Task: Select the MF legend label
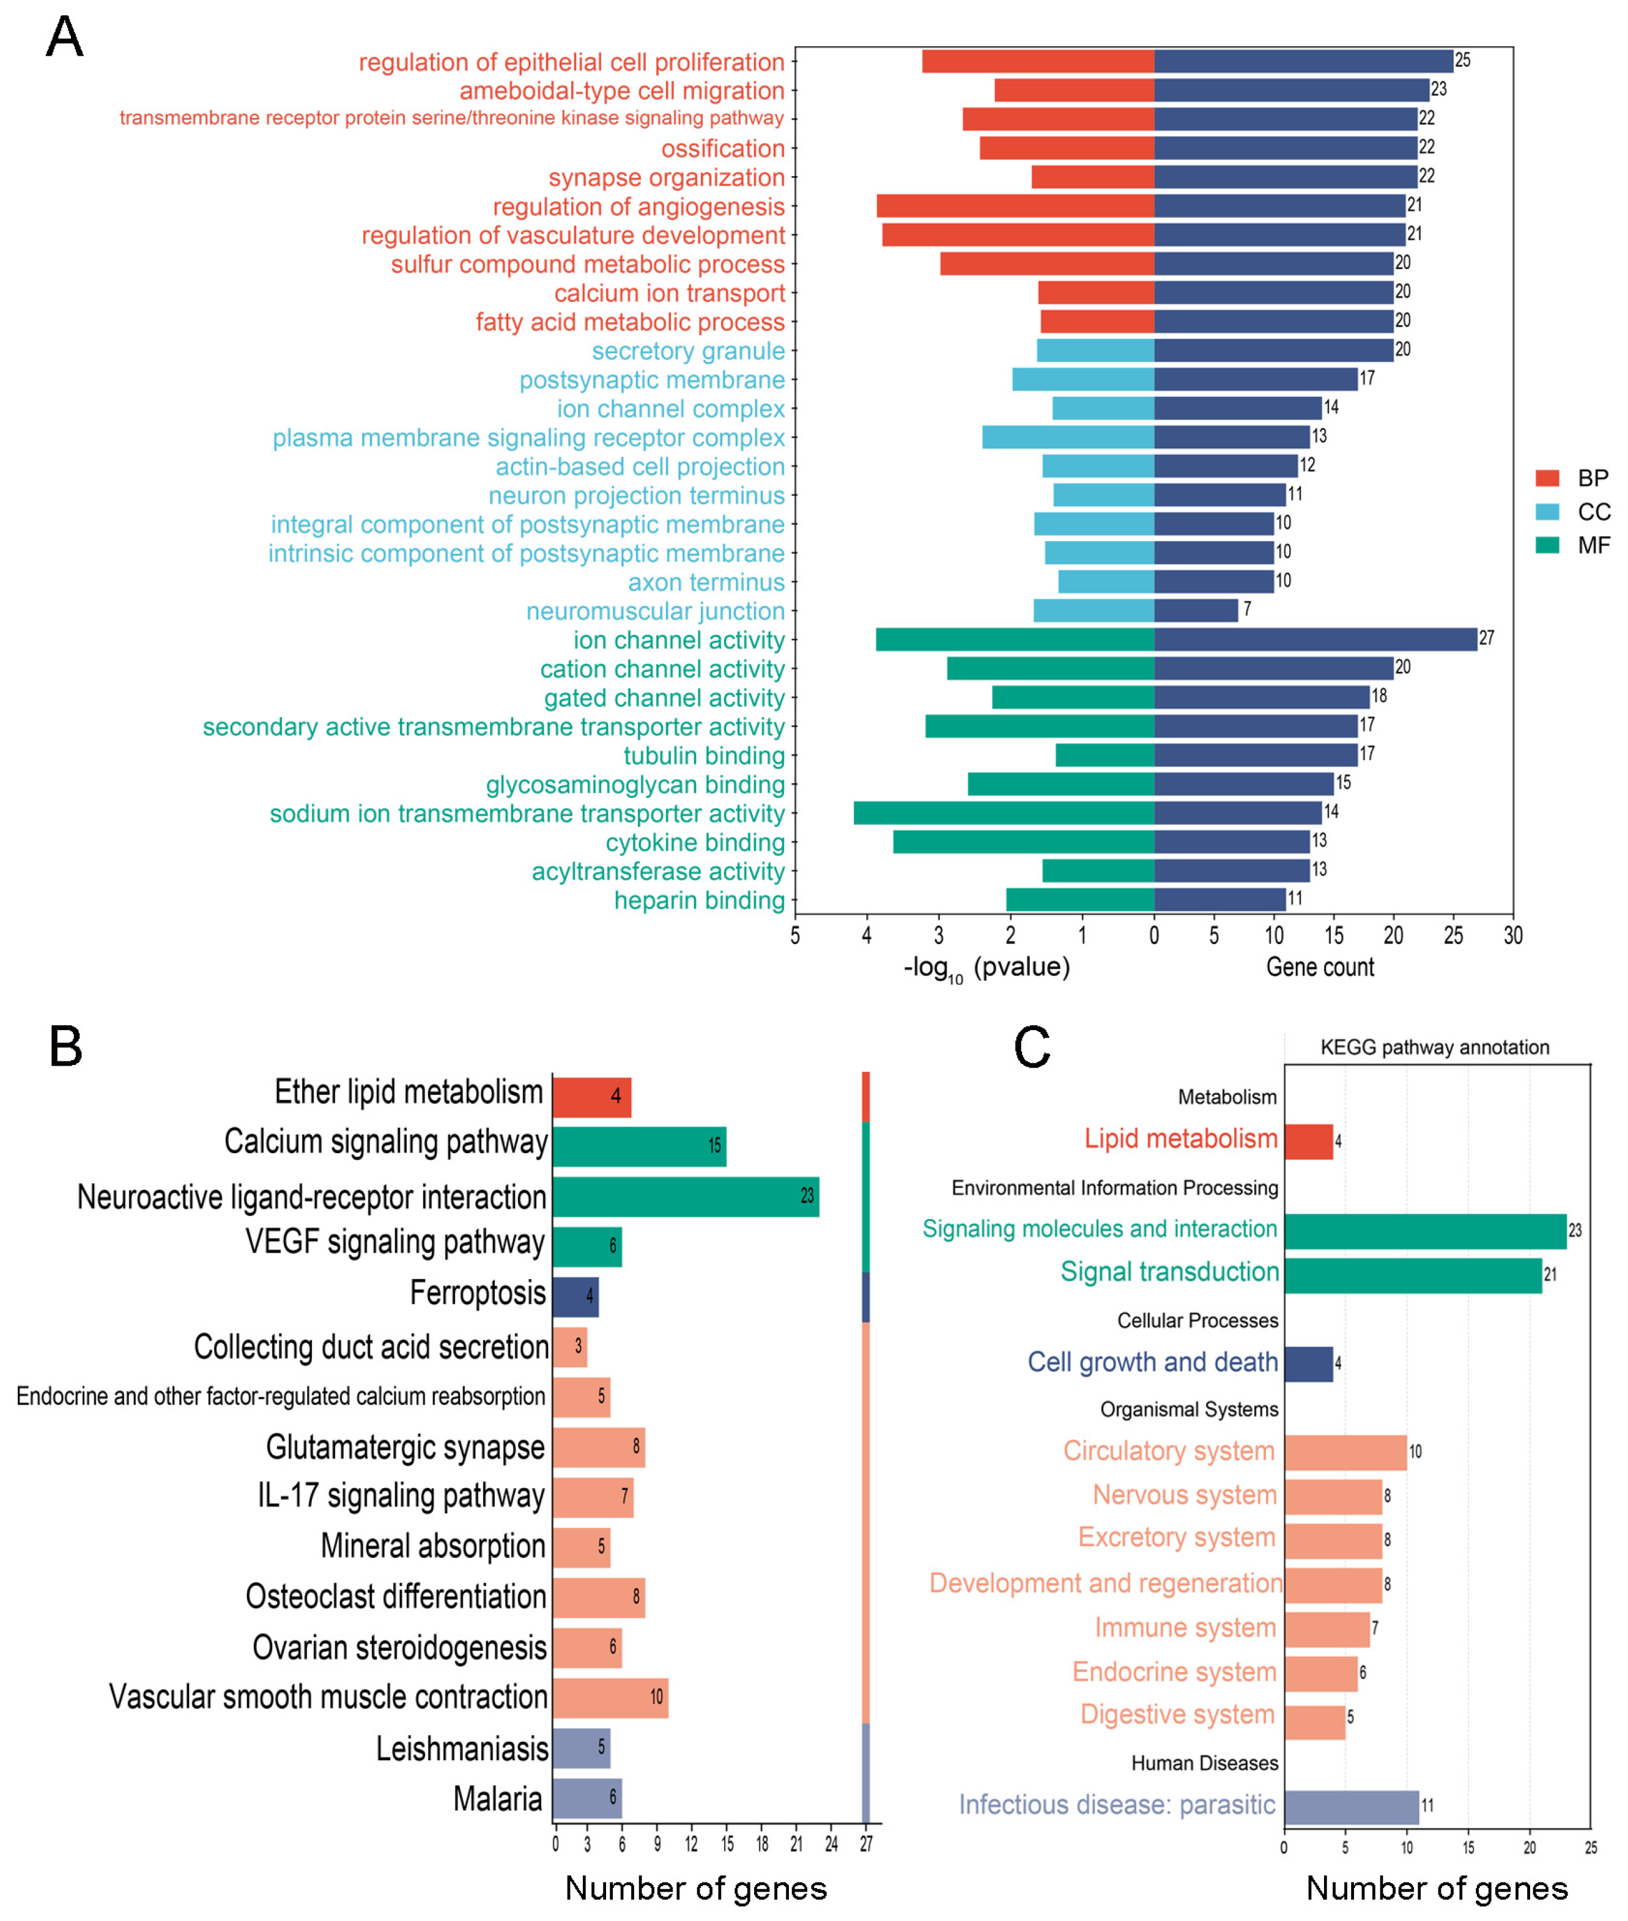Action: pos(1594,545)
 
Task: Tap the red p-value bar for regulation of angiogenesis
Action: pos(1015,206)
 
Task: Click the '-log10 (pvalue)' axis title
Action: pos(986,967)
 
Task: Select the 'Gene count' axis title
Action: pos(1320,967)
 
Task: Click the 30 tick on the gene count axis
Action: pos(1512,935)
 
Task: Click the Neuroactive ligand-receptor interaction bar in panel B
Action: pos(686,1196)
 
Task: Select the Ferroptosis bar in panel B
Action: pos(575,1296)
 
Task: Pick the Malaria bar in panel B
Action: pos(587,1797)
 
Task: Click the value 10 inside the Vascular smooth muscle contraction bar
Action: pos(656,1697)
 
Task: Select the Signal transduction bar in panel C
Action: pos(1412,1274)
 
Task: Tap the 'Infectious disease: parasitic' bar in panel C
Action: pos(1351,1805)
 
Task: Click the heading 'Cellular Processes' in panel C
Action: pos(1197,1321)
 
